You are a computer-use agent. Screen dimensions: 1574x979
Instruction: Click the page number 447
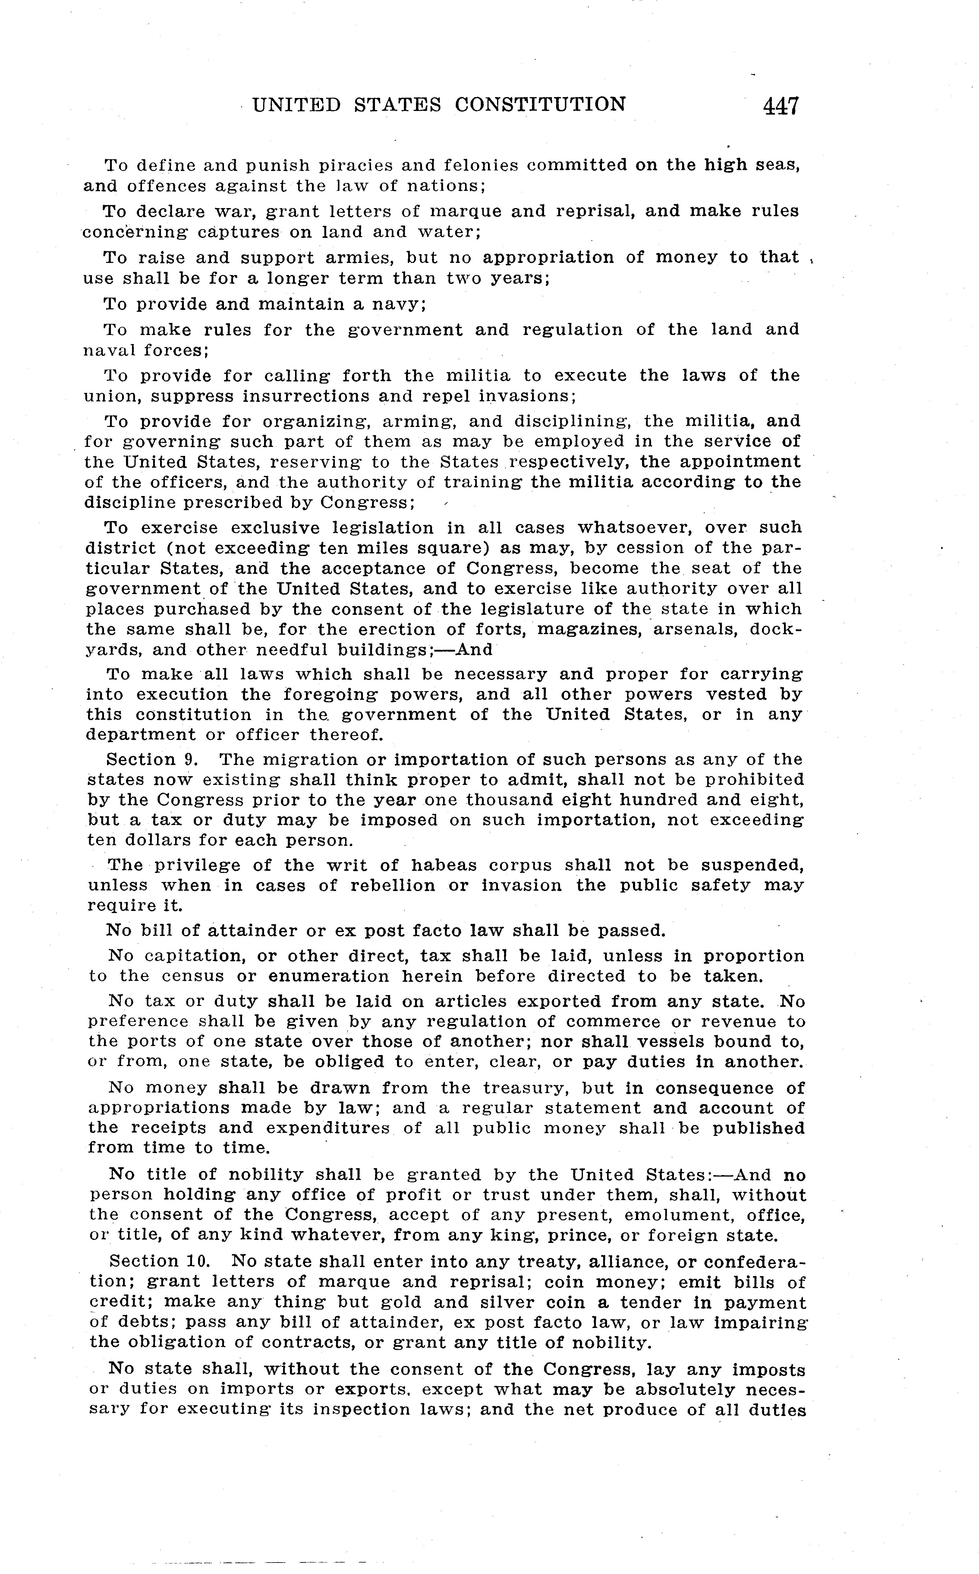[781, 106]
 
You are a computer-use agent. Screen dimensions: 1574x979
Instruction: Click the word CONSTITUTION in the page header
[540, 104]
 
